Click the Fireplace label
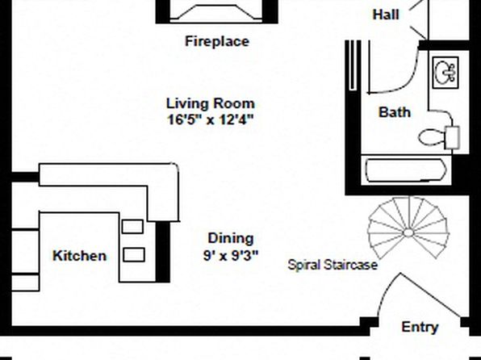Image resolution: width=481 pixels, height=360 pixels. point(217,41)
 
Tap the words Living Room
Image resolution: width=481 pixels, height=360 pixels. point(211,103)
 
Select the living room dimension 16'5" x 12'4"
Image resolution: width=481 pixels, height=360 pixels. point(211,119)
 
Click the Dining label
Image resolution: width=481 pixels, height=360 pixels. point(231,238)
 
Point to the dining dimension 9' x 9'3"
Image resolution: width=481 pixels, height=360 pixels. point(231,255)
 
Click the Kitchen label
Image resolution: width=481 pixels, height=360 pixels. point(79,256)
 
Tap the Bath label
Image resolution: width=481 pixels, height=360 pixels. point(395,112)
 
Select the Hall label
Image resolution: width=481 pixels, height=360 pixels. point(386,15)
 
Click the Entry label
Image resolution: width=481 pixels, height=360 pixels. point(420,327)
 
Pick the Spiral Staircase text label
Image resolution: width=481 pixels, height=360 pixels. point(333,265)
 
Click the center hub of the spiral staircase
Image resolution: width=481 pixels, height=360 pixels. point(408,233)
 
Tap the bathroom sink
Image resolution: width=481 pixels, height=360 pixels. point(445,73)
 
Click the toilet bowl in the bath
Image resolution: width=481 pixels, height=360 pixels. point(432,137)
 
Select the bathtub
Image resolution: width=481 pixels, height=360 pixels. point(406,170)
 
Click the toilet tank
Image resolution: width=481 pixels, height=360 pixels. point(452,137)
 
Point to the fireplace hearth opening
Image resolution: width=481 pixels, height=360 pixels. point(216,13)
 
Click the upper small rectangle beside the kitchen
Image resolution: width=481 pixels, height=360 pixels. point(132,227)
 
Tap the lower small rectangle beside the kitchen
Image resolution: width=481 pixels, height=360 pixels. point(134,255)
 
